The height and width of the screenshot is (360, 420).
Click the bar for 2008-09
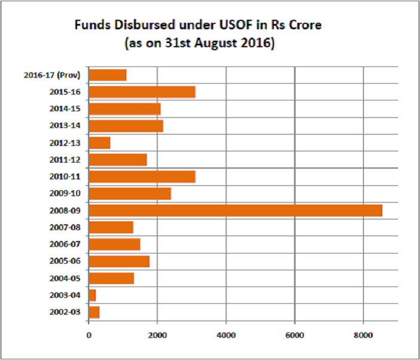tap(235, 210)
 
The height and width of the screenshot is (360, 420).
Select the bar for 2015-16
tap(142, 91)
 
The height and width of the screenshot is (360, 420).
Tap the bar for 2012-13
tap(99, 142)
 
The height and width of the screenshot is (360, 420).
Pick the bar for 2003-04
tap(92, 295)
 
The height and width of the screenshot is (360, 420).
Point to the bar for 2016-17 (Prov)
tap(108, 75)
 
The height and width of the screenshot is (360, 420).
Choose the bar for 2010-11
tap(142, 176)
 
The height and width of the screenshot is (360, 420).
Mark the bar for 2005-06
tap(119, 261)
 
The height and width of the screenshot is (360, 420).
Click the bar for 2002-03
tap(94, 312)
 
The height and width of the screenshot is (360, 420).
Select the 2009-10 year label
tap(65, 194)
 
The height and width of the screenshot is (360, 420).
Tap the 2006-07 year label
tap(65, 245)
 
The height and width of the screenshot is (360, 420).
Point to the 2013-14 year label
tap(65, 126)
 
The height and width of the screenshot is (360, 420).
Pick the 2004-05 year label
tap(65, 279)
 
